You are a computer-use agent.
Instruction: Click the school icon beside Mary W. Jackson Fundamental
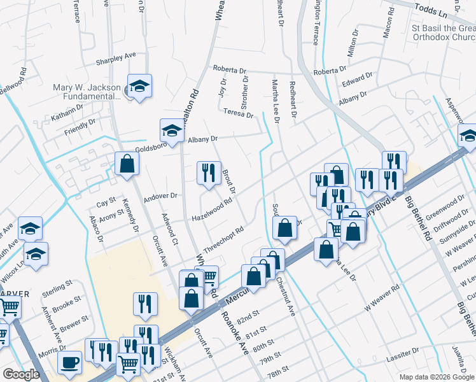click(139, 87)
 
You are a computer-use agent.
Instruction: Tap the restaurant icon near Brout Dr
click(209, 173)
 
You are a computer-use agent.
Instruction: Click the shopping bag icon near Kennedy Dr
click(127, 164)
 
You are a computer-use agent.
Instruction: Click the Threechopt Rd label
click(224, 240)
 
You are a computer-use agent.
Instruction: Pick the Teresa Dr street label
click(239, 113)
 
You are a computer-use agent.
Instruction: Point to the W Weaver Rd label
click(381, 297)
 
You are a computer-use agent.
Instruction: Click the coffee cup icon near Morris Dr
click(69, 363)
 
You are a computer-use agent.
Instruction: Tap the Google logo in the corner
click(21, 374)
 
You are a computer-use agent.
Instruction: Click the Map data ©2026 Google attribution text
click(436, 377)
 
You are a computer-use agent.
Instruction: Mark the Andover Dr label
click(159, 196)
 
